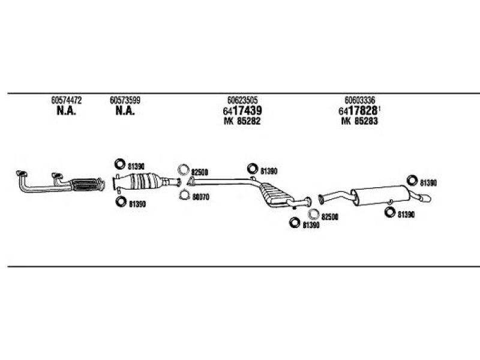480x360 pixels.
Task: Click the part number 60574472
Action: click(x=66, y=100)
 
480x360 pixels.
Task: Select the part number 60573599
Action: click(x=125, y=100)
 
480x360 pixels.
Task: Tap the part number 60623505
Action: click(x=243, y=100)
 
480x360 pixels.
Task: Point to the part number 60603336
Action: click(x=360, y=100)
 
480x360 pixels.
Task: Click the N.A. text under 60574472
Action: click(x=66, y=111)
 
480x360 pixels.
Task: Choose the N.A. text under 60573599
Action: click(x=125, y=111)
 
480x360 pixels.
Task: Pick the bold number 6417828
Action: click(x=359, y=111)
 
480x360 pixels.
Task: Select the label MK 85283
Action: click(x=360, y=121)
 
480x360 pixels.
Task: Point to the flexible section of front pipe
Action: click(x=86, y=183)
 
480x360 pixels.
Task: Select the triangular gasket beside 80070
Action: click(x=184, y=194)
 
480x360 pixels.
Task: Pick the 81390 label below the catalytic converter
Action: click(x=137, y=204)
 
